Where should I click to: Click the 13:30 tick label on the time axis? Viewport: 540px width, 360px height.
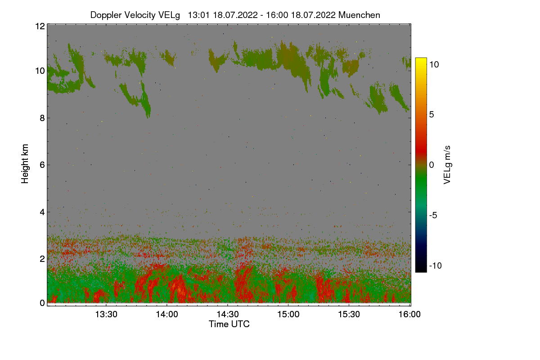pyautogui.click(x=106, y=315)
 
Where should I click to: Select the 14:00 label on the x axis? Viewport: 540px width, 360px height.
pyautogui.click(x=166, y=315)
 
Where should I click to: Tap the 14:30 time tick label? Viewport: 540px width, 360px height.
pyautogui.click(x=227, y=315)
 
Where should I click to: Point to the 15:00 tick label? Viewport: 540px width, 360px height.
pyautogui.click(x=288, y=315)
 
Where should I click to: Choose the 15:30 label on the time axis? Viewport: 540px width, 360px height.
pyautogui.click(x=349, y=315)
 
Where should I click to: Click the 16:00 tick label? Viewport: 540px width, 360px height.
pyautogui.click(x=409, y=315)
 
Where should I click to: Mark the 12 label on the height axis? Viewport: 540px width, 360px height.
pyautogui.click(x=39, y=26)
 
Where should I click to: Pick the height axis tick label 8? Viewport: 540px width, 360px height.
pyautogui.click(x=41, y=118)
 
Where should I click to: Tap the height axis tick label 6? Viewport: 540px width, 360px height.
pyautogui.click(x=41, y=165)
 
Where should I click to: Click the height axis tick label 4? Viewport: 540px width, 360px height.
pyautogui.click(x=41, y=211)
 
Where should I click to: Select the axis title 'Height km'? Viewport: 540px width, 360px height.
pyautogui.click(x=25, y=164)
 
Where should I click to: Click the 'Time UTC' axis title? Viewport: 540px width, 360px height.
pyautogui.click(x=229, y=324)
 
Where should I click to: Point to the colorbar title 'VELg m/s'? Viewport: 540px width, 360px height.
pyautogui.click(x=447, y=164)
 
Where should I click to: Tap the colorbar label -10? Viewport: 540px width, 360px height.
pyautogui.click(x=436, y=265)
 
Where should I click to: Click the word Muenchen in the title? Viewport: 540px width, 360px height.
pyautogui.click(x=359, y=15)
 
